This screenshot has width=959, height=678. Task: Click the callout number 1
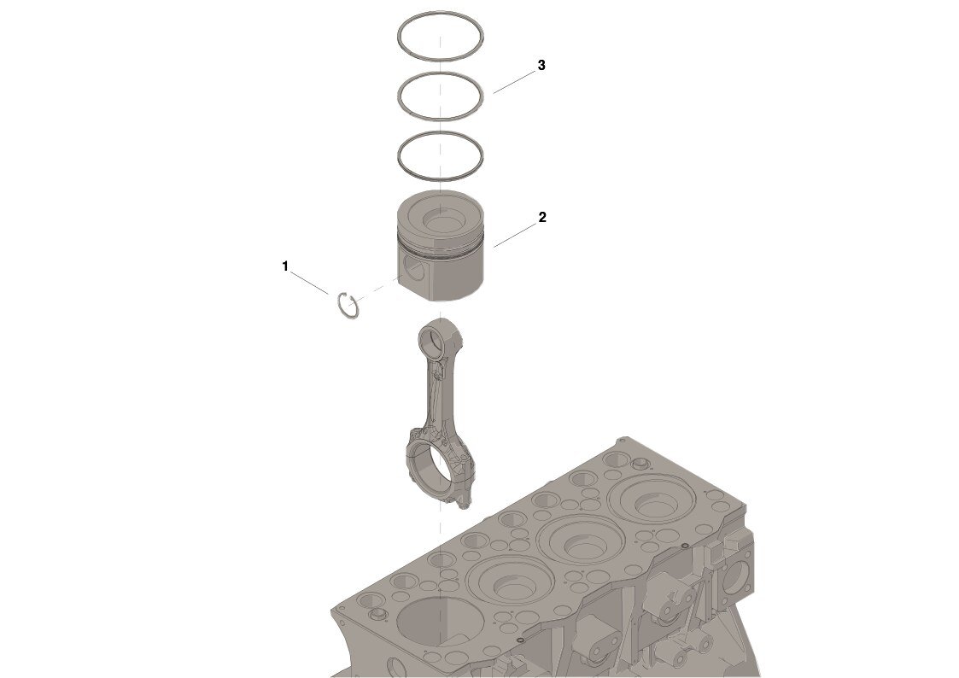click(x=285, y=266)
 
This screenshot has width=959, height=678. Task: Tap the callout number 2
click(x=542, y=217)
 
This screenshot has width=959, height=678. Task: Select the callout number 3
click(x=541, y=65)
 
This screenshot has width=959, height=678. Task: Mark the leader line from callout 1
click(x=309, y=283)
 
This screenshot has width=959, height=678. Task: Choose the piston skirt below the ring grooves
click(x=441, y=278)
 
